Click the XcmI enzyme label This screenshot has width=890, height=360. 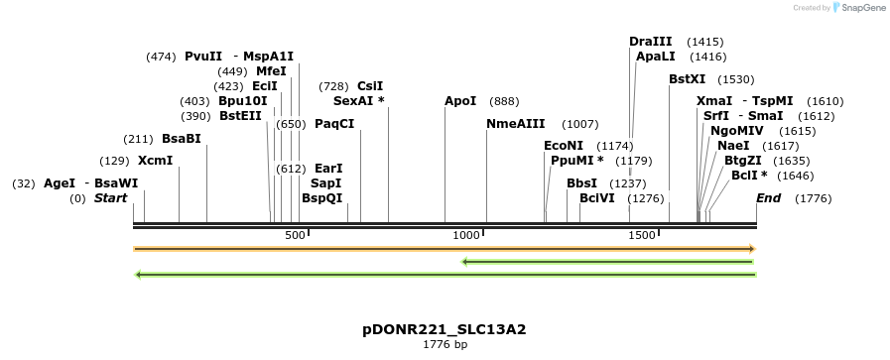[155, 161]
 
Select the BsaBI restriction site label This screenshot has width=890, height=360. [182, 139]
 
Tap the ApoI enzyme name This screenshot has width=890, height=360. [460, 101]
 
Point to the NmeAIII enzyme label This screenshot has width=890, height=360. [516, 124]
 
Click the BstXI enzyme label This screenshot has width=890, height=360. [687, 79]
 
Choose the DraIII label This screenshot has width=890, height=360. [651, 42]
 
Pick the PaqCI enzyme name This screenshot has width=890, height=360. [334, 124]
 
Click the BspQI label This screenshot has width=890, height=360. [321, 198]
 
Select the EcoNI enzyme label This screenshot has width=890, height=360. [564, 146]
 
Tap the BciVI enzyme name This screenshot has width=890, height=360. [597, 198]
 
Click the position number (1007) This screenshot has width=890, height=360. [580, 124]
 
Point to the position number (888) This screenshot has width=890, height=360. [504, 101]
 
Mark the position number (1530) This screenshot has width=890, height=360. [736, 79]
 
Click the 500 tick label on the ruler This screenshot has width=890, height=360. [295, 235]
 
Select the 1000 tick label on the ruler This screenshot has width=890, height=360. [465, 235]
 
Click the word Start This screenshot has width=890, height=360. [111, 198]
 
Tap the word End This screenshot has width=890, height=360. [768, 198]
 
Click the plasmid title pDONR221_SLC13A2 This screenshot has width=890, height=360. [444, 329]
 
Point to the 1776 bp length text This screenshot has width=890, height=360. [445, 345]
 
